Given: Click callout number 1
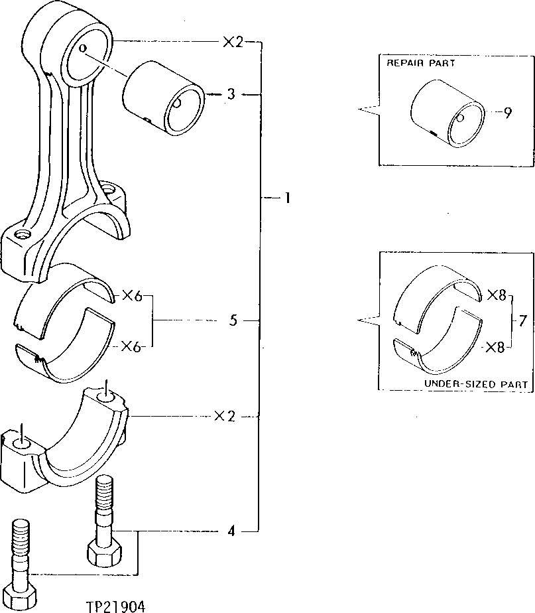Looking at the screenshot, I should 287,198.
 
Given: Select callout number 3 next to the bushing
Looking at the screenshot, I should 230,95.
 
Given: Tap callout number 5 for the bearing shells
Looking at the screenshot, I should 233,321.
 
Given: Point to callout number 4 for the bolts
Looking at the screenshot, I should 231,531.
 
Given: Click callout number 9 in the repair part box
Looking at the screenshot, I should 507,112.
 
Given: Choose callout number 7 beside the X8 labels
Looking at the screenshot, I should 522,321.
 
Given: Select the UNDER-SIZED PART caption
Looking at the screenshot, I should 475,384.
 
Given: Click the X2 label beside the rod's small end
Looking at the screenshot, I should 232,42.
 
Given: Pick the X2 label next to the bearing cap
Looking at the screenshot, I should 225,417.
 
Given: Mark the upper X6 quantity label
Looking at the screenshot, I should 132,297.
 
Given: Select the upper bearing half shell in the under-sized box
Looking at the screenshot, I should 434,293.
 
